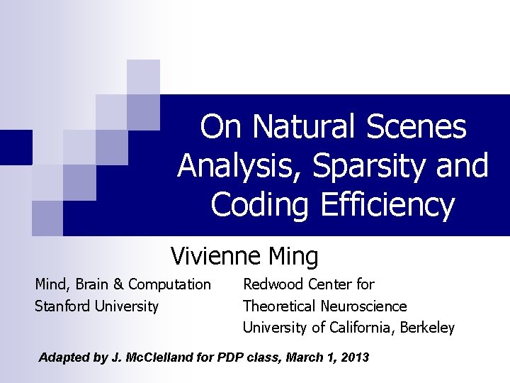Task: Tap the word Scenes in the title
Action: pos(416,128)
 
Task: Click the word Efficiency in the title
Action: pos(387,206)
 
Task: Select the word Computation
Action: pos(170,284)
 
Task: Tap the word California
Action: pos(362,328)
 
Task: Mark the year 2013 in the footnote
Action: pos(356,357)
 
